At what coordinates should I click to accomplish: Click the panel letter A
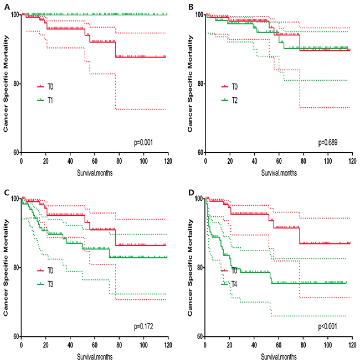click(x=4, y=7)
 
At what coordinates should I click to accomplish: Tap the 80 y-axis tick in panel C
click(x=14, y=268)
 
